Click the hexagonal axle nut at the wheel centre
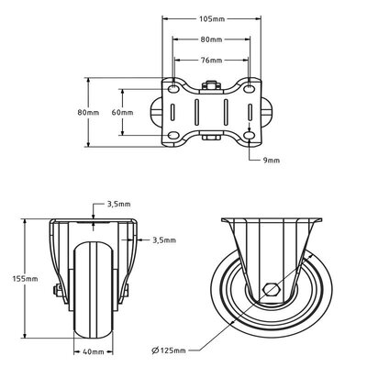click(x=272, y=292)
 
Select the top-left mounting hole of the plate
click(x=172, y=88)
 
